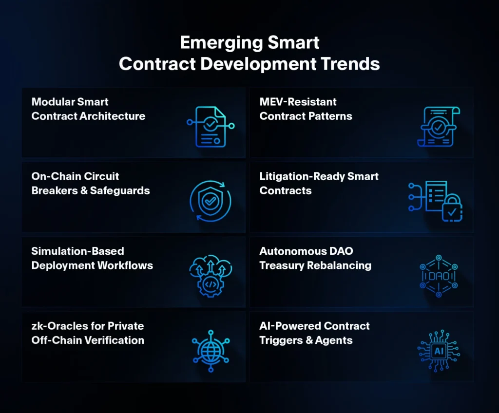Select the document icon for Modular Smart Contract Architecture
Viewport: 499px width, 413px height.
pyautogui.click(x=211, y=127)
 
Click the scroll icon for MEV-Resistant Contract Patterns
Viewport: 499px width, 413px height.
pyautogui.click(x=439, y=127)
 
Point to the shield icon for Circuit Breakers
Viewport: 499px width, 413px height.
pyautogui.click(x=211, y=201)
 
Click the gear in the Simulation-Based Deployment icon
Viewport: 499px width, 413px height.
pyautogui.click(x=211, y=284)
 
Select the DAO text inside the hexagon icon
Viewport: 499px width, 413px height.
pyautogui.click(x=439, y=276)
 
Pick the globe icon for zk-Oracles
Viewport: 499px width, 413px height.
pyautogui.click(x=211, y=351)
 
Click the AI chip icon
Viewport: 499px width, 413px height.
pyautogui.click(x=439, y=351)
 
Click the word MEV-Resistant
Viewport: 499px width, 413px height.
pyautogui.click(x=298, y=102)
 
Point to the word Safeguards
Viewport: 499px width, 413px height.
pyautogui.click(x=120, y=190)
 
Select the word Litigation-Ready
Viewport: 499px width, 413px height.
pyautogui.click(x=302, y=177)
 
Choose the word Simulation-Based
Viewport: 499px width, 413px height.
pyautogui.click(x=77, y=251)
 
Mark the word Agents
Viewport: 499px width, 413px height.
pyautogui.click(x=334, y=340)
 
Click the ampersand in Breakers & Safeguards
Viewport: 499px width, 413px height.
pyautogui.click(x=84, y=190)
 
